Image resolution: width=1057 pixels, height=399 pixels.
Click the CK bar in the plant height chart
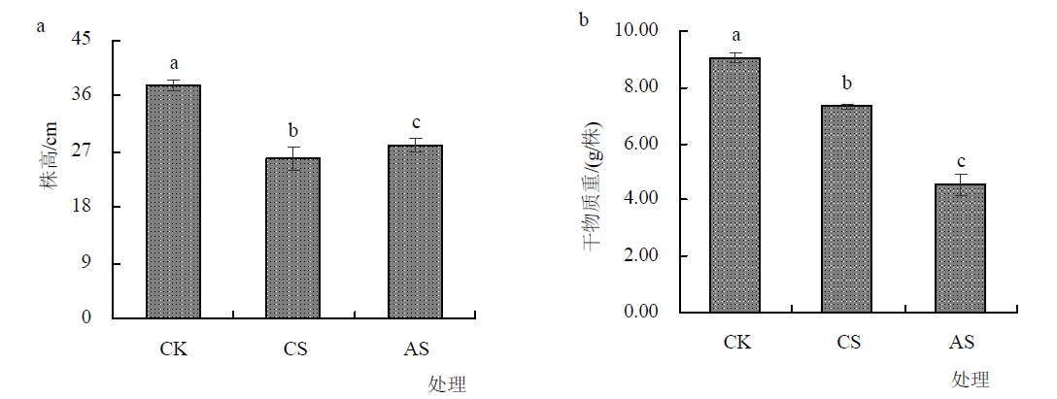tap(173, 201)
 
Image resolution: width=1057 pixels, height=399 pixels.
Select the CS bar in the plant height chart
tap(293, 238)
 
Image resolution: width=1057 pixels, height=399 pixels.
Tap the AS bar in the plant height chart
tap(415, 231)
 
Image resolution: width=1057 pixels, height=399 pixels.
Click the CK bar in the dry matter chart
tap(735, 184)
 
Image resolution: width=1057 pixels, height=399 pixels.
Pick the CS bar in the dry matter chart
tap(848, 209)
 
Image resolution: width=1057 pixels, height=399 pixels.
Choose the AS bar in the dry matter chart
tap(961, 248)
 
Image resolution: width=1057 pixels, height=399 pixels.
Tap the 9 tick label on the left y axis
tap(86, 263)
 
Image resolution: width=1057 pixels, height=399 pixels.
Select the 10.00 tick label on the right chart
tap(638, 31)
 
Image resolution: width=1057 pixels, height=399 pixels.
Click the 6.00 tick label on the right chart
tap(642, 144)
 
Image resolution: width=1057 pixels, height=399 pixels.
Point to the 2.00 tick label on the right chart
tap(642, 256)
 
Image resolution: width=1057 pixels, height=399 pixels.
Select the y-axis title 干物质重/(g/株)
tap(593, 184)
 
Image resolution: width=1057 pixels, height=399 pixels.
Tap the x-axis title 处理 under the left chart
tap(447, 384)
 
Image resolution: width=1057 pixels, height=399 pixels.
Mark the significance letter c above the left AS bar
tap(416, 123)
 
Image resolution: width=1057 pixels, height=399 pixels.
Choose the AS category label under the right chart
tap(961, 342)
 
